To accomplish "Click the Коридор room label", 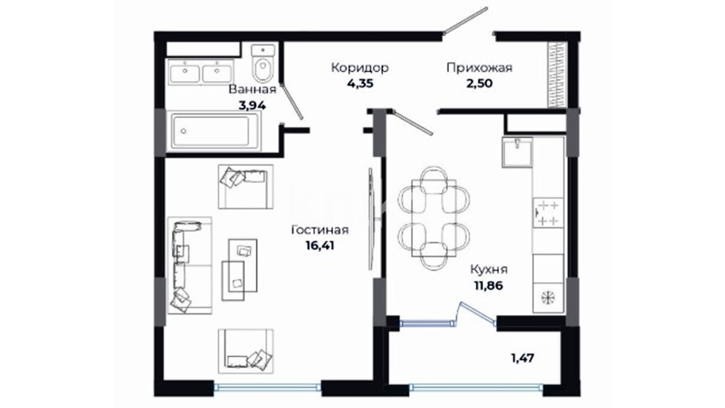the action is tap(360, 68).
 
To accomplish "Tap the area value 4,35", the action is tap(360, 83).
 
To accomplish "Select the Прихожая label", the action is tap(480, 68).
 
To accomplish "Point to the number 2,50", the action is tap(480, 83).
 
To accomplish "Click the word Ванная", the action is tap(253, 90).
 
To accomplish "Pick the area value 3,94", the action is tap(252, 105).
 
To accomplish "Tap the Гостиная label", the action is tap(320, 230).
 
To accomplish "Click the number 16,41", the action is tap(320, 246).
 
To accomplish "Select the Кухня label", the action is tap(489, 270).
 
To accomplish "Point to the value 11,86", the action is tap(489, 286).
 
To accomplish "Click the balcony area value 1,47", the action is tap(523, 358).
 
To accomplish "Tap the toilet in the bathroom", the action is tap(263, 63).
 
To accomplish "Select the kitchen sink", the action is tap(517, 152).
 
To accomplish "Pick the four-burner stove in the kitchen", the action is tap(548, 213).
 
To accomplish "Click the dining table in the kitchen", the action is tap(434, 218).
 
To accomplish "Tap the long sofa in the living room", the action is tap(190, 266).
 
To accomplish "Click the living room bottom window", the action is tap(267, 386).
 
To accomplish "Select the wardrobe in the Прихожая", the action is tap(557, 74).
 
